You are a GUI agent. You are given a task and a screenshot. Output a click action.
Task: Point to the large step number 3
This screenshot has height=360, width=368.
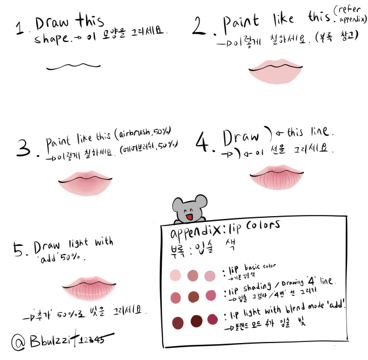click(x=24, y=149)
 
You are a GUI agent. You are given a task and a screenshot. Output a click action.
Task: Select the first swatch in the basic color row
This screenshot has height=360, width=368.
click(x=175, y=274)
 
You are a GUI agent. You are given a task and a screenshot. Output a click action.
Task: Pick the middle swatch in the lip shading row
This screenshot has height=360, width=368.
click(x=193, y=297)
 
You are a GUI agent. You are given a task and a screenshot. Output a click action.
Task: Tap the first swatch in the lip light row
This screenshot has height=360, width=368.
click(x=175, y=321)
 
